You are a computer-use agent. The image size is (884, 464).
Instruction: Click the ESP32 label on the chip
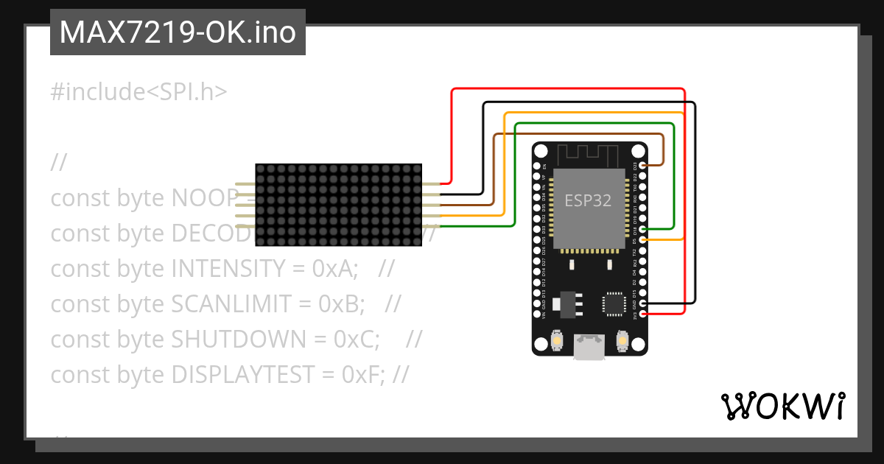[588, 200]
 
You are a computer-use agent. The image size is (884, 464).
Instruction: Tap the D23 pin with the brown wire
[645, 166]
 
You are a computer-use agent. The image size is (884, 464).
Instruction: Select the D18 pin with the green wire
[645, 230]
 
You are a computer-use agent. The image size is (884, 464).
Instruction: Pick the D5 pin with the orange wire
[645, 240]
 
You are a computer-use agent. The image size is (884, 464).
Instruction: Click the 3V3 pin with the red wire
[645, 314]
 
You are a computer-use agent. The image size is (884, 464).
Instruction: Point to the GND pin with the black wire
[645, 303]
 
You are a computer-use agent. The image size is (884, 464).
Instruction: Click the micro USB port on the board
[589, 347]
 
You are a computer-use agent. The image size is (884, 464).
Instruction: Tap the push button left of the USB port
[558, 341]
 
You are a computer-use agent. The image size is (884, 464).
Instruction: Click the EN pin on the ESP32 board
[537, 166]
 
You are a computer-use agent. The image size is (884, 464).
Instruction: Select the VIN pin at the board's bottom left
[537, 314]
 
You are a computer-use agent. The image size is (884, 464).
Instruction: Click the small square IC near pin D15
[613, 303]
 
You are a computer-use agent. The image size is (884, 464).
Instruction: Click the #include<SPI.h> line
[138, 92]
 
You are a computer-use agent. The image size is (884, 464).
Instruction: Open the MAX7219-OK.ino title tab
[178, 32]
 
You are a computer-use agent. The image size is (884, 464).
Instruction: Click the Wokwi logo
[782, 406]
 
